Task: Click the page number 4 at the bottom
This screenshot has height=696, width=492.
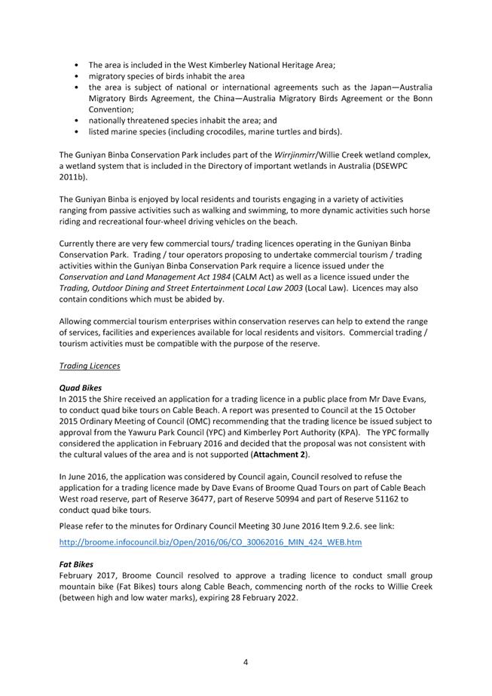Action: point(246,662)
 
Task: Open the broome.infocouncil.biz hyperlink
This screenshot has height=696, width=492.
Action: point(210,542)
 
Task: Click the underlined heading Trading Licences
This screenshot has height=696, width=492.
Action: point(89,366)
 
